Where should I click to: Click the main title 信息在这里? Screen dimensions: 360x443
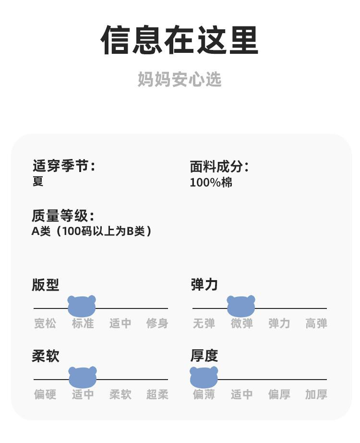(180, 40)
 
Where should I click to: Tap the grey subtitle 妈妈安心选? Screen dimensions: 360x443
(180, 79)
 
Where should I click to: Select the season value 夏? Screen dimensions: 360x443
(38, 182)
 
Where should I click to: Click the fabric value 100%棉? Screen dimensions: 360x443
(211, 183)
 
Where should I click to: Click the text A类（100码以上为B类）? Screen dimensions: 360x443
(92, 231)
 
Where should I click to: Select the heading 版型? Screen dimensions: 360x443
(46, 284)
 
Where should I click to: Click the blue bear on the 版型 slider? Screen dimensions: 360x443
(82, 306)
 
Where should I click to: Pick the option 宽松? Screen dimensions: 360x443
(45, 323)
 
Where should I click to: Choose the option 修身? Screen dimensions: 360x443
(157, 323)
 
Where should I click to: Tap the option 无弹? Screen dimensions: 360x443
(204, 323)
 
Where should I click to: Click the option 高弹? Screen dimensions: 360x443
(316, 323)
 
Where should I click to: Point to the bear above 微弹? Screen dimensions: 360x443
(241, 306)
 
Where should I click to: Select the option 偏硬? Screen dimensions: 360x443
(45, 394)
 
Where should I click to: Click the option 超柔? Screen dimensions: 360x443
(157, 394)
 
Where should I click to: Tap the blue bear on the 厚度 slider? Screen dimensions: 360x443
(204, 377)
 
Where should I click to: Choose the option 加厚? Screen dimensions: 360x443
(316, 394)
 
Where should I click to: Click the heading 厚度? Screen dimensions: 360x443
(204, 356)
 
